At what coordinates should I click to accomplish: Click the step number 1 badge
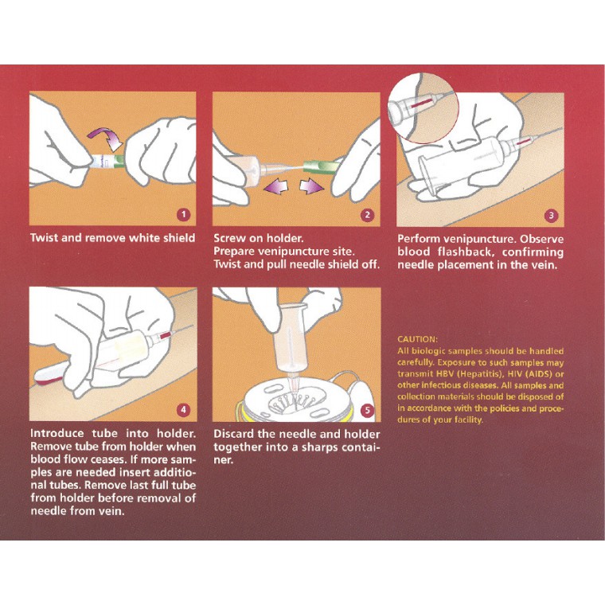tap(184, 214)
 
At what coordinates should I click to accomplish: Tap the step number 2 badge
tap(367, 215)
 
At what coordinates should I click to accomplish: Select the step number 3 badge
tap(551, 216)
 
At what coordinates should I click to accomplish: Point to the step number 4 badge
tap(183, 410)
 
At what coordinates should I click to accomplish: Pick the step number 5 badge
tap(367, 411)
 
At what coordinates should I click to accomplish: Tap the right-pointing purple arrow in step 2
tap(312, 188)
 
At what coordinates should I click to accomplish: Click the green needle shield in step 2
tap(322, 167)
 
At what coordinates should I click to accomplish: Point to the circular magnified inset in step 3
tap(423, 108)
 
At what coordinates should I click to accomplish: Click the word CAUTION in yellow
tap(417, 340)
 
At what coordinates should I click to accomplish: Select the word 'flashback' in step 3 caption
tap(466, 252)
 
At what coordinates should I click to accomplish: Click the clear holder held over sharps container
tap(290, 336)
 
